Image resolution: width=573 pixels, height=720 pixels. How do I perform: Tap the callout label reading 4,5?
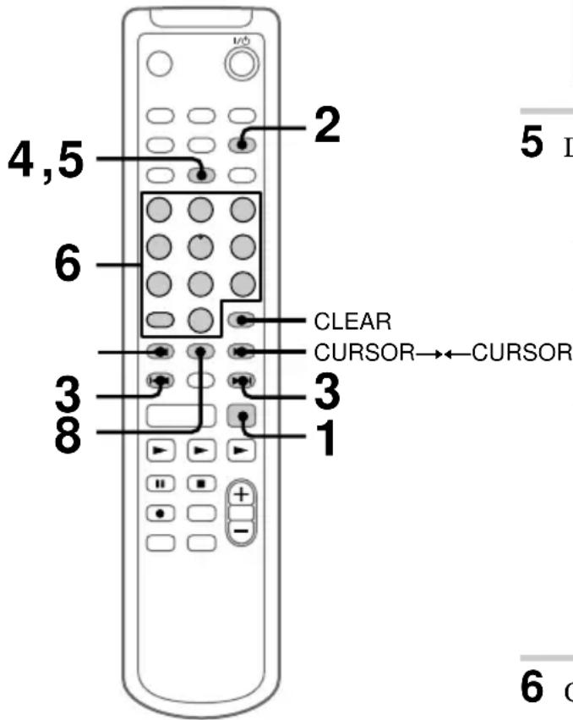[46, 159]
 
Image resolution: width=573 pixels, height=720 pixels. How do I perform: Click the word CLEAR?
[342, 322]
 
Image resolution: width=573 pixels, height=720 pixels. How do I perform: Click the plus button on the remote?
[243, 497]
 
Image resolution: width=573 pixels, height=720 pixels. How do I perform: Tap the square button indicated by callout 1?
[242, 415]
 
